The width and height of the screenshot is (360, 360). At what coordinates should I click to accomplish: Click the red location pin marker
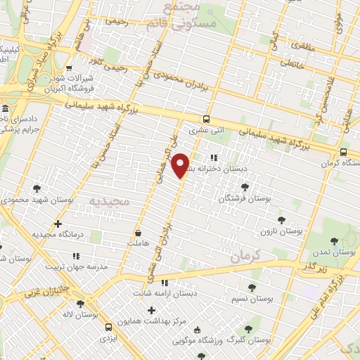181,165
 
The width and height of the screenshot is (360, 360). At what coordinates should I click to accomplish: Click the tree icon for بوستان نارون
282,220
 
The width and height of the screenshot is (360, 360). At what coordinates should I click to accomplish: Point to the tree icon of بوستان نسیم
252,287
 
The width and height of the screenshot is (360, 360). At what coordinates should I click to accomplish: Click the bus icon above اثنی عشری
206,119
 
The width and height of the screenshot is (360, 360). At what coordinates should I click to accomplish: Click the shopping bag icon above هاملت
139,233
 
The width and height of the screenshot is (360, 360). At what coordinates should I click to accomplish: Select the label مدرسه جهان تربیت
75,266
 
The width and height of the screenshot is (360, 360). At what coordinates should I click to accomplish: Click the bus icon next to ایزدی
108,327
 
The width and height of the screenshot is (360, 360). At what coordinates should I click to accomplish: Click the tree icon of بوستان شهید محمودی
36,188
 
